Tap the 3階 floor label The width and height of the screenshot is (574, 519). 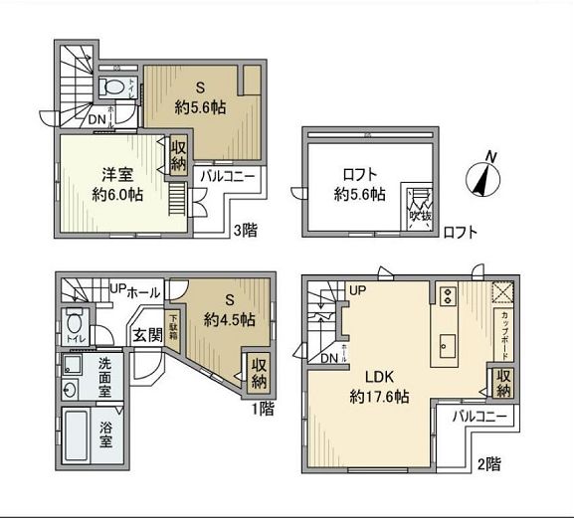pos(245,231)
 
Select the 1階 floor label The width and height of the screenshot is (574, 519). pos(262,407)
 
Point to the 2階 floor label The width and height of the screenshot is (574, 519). pos(488,462)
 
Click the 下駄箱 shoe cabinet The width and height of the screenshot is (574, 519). pos(173,327)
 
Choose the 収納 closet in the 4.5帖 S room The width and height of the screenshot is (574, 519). pos(259,372)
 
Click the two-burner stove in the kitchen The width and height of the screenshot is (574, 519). pos(447,295)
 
